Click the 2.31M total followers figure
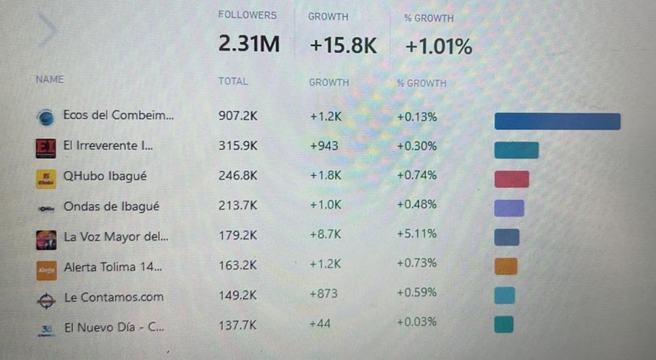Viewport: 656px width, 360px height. (248, 46)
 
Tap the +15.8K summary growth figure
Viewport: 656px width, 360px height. (343, 46)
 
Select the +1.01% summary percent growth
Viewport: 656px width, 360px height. (438, 46)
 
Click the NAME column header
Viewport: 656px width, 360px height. (49, 80)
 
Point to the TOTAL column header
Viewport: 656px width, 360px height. (233, 82)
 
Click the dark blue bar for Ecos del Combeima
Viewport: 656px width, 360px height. (557, 121)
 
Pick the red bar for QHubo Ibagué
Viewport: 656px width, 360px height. (511, 179)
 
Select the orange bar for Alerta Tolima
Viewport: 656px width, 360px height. (505, 267)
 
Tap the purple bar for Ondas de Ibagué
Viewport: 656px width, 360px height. (508, 209)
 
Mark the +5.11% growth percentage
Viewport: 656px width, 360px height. (416, 235)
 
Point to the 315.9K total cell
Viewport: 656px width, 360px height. (237, 146)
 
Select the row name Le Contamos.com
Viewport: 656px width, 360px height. (113, 297)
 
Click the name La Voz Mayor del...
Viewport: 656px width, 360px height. (116, 237)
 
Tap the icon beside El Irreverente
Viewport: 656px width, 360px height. (46, 148)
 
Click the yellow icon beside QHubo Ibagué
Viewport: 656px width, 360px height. (46, 178)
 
